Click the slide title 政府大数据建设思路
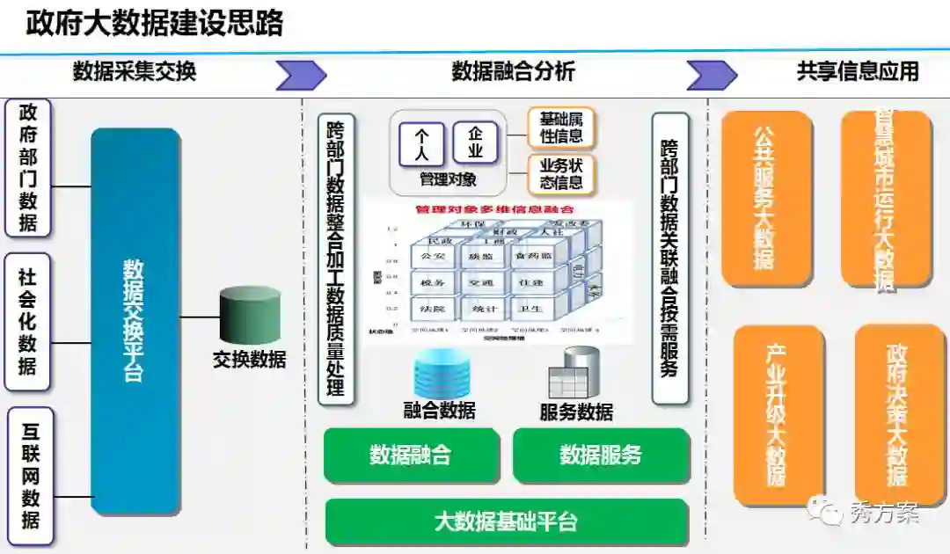(x=155, y=23)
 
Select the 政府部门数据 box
(x=28, y=168)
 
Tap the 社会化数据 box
(x=28, y=322)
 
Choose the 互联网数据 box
(x=30, y=476)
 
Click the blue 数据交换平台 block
(x=135, y=321)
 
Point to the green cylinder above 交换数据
(x=250, y=315)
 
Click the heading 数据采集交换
(x=135, y=72)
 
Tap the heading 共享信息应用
(x=857, y=71)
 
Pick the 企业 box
(x=476, y=142)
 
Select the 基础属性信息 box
(x=561, y=128)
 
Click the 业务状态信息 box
(x=561, y=174)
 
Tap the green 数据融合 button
(x=411, y=455)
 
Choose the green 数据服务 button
(x=601, y=455)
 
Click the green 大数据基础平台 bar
(x=506, y=521)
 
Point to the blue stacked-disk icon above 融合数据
(x=439, y=373)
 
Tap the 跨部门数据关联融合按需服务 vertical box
(x=669, y=259)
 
